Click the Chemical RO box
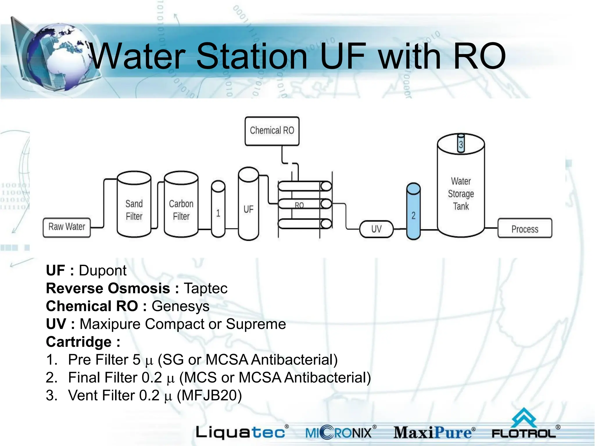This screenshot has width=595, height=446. tap(272, 131)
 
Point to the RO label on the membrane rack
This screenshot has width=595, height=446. tap(299, 205)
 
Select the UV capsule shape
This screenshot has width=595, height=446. tap(376, 229)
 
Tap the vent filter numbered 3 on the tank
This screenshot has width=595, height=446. tap(461, 143)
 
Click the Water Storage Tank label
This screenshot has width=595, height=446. tap(461, 194)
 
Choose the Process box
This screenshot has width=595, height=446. tap(525, 229)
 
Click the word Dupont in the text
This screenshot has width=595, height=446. tap(103, 271)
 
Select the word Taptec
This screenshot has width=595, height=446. tap(206, 289)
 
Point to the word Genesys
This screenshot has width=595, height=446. tap(180, 306)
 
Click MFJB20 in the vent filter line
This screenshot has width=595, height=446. tap(209, 395)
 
